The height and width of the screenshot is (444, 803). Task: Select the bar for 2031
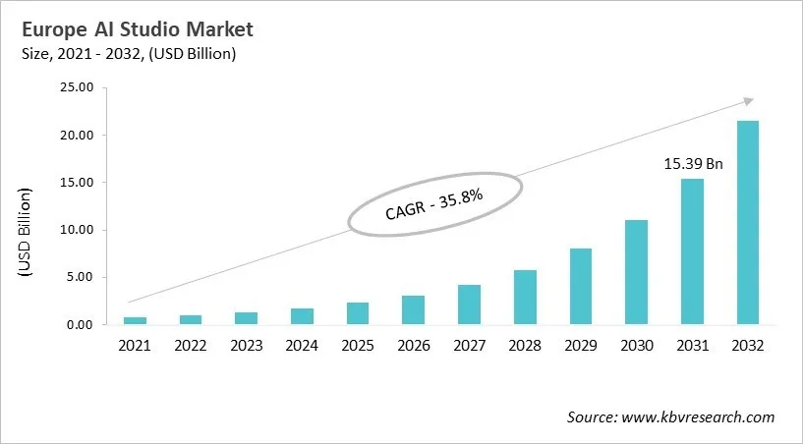(692, 251)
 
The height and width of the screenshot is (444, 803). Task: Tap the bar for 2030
(636, 272)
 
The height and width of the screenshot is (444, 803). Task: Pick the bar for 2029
(581, 287)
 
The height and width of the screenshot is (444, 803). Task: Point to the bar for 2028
(525, 298)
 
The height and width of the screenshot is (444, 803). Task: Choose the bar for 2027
(469, 305)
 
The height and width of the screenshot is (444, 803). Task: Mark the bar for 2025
(358, 313)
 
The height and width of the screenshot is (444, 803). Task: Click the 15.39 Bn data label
(692, 164)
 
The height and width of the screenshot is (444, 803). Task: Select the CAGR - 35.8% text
(432, 203)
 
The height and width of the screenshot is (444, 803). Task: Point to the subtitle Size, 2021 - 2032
(127, 53)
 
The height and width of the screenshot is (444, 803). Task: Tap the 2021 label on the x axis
(135, 346)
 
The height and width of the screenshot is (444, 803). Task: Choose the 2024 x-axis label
(302, 346)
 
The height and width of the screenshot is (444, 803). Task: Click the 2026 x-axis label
(413, 346)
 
